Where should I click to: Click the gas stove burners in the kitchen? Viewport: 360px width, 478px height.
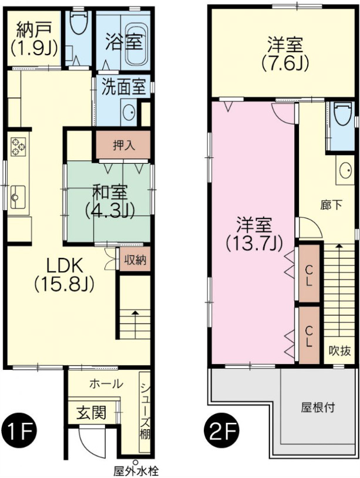pyautogui.click(x=18, y=147)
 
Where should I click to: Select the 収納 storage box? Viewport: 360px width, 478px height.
pyautogui.click(x=135, y=259)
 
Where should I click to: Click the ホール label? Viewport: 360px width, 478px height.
pyautogui.click(x=106, y=384)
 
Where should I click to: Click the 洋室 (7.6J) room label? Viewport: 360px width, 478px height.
pyautogui.click(x=285, y=53)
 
